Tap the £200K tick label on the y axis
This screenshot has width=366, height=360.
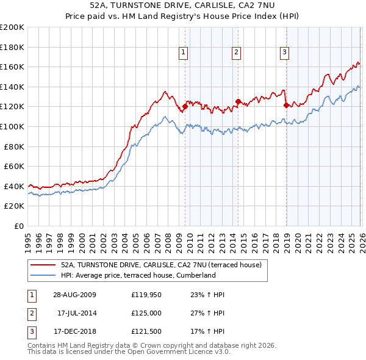pos(12,27)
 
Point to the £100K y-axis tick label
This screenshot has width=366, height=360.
pos(12,127)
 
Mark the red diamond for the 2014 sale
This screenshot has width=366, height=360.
pos(238,102)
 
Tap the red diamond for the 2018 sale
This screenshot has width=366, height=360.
pos(286,105)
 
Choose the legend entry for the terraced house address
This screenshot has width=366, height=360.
pos(161,265)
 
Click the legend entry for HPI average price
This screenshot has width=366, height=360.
pos(138,275)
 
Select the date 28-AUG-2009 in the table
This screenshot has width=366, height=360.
pos(74,294)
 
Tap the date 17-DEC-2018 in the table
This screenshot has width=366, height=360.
pos(74,332)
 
